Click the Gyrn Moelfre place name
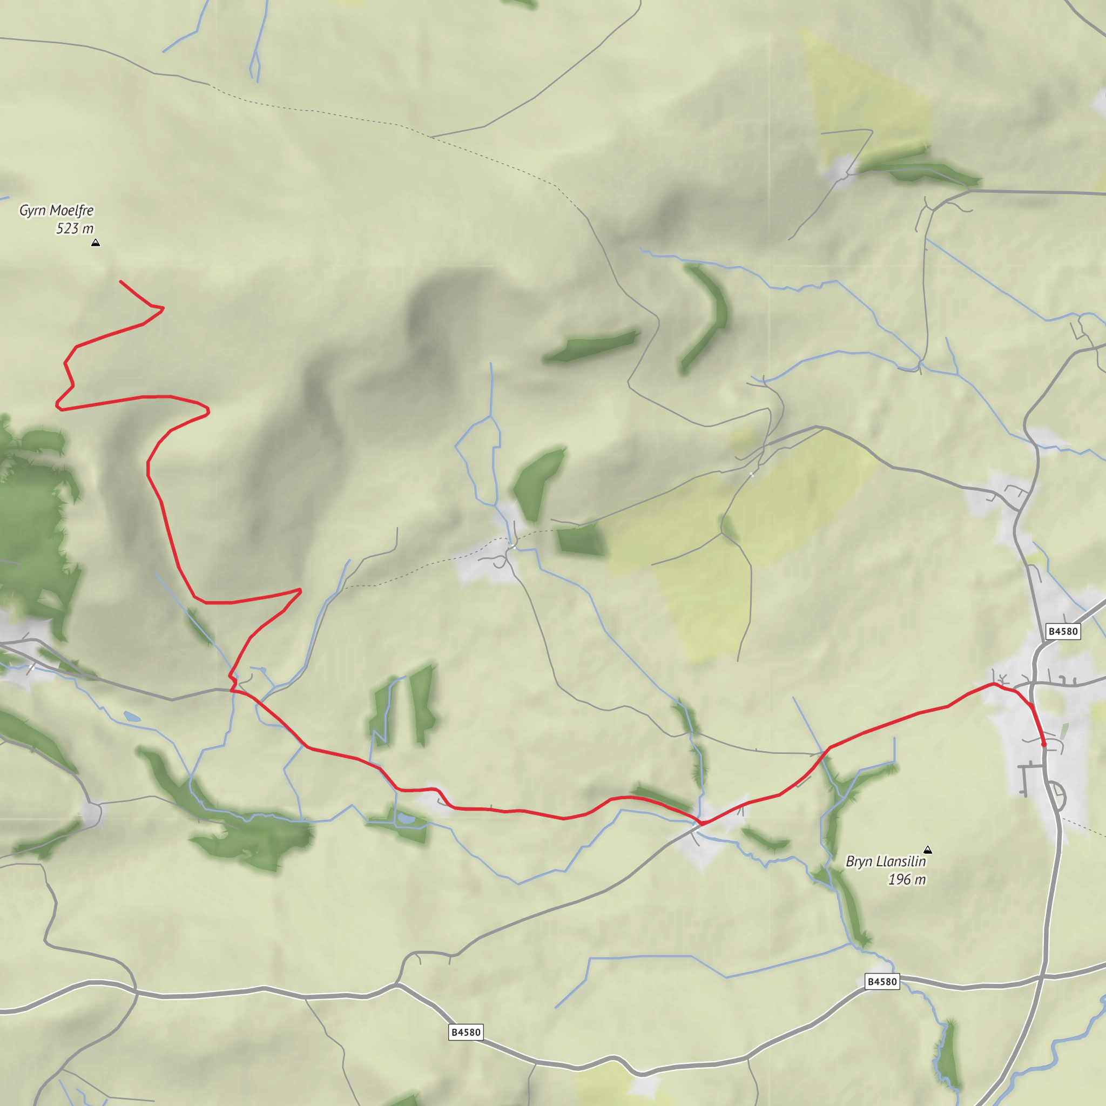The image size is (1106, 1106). coord(56,211)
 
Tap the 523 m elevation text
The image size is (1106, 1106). coord(75,229)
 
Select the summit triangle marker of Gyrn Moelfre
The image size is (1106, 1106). coord(96,242)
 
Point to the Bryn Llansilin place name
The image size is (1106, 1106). coord(886,861)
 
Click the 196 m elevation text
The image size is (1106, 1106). coord(906,880)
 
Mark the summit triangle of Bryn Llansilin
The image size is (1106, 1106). coord(928,849)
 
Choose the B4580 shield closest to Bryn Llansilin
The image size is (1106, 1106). coord(882,981)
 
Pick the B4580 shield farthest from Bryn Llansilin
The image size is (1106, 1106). coord(466,1032)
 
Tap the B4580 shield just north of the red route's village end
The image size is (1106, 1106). coord(1063,631)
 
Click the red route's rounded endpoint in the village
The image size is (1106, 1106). coord(1044,745)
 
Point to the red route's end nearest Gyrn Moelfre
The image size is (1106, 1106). coord(121,281)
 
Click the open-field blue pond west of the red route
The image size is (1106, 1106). coord(132,716)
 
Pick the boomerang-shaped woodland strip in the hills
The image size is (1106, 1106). coord(707,318)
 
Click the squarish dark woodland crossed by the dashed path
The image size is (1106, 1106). coord(580,540)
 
